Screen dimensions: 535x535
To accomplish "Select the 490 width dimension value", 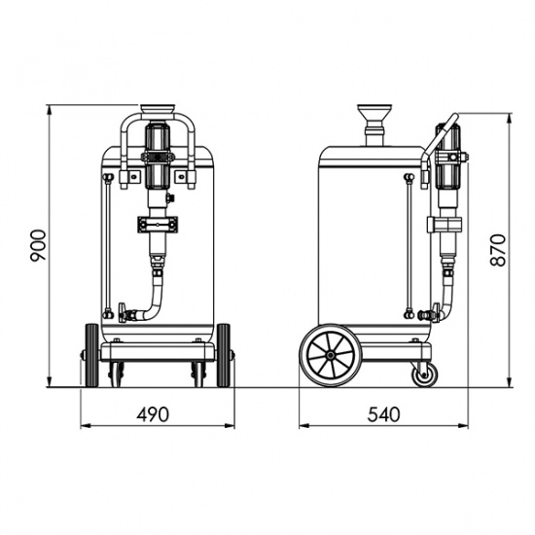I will [153, 413].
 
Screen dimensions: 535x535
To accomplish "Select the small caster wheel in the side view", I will [423, 374].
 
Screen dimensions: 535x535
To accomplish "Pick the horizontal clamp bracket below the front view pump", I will [156, 223].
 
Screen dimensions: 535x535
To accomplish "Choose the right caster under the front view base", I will [199, 373].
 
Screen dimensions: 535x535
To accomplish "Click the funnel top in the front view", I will [156, 109].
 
